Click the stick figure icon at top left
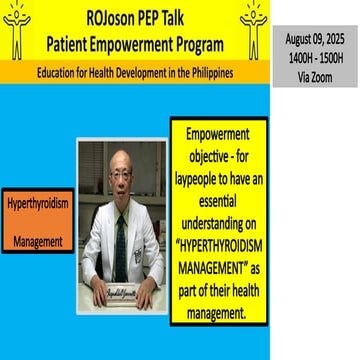tap(17, 30)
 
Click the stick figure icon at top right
tap(254, 30)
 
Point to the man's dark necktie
tap(121, 245)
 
